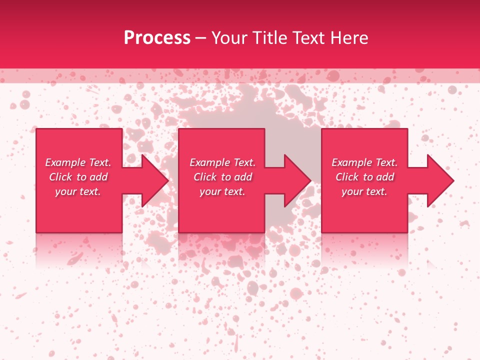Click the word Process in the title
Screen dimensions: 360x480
157,38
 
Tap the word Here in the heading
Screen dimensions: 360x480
348,38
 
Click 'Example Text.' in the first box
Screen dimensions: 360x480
78,162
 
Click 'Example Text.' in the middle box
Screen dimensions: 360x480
222,162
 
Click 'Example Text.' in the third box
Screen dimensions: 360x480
364,162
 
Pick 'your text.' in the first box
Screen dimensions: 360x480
78,191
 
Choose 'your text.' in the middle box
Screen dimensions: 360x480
222,191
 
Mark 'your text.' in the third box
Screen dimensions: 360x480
364,191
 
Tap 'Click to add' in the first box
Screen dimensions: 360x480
78,177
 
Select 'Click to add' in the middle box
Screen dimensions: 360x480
222,177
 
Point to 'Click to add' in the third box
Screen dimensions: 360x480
364,177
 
